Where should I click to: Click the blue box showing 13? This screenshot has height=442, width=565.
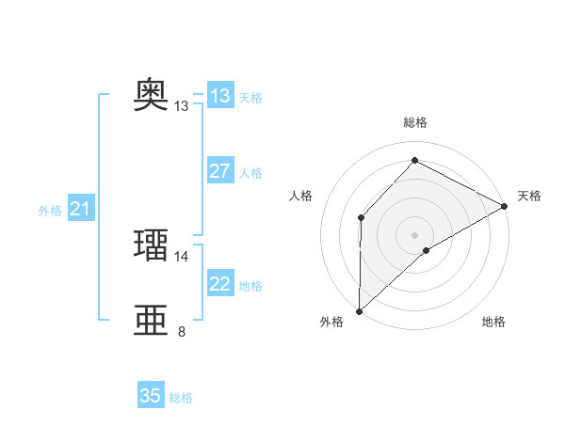[219, 96]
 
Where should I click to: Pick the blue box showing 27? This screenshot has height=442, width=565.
[219, 171]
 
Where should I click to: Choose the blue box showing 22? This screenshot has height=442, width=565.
[219, 284]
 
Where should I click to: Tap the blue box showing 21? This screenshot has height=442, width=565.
[80, 210]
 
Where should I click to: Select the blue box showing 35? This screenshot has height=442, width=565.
[151, 396]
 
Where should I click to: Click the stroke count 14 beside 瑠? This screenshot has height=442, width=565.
[182, 256]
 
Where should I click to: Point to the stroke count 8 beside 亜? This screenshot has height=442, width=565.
[182, 331]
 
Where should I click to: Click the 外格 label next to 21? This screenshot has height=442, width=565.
[50, 211]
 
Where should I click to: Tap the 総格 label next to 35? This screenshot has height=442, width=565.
[181, 398]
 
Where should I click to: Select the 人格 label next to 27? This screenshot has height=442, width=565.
[250, 173]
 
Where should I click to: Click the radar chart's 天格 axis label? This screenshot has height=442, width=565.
[529, 196]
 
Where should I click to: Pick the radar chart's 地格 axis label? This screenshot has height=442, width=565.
[493, 322]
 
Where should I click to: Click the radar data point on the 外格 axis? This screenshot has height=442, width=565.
[359, 310]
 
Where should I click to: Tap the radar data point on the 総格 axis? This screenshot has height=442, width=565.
[414, 160]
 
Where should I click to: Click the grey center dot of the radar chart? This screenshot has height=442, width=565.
[414, 234]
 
